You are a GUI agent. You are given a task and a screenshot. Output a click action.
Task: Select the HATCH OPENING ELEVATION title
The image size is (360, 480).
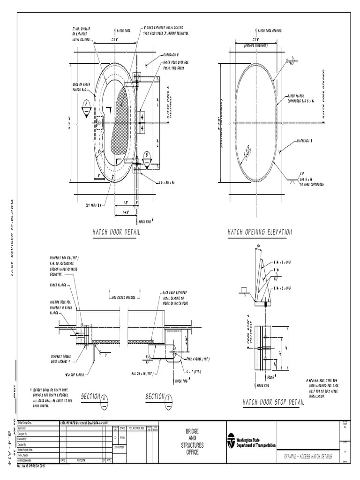[x=260, y=232]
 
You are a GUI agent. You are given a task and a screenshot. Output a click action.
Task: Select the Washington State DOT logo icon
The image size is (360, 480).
[x=231, y=441]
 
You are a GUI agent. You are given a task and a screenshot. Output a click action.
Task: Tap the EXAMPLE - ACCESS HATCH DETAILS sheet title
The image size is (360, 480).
[x=308, y=456]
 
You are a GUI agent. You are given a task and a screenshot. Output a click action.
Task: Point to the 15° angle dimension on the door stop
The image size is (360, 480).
[x=259, y=246]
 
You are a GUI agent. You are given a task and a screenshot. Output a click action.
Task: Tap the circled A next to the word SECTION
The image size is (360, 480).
[x=104, y=398]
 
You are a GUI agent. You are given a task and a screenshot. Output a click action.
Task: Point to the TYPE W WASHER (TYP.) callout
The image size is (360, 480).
[x=196, y=358]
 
